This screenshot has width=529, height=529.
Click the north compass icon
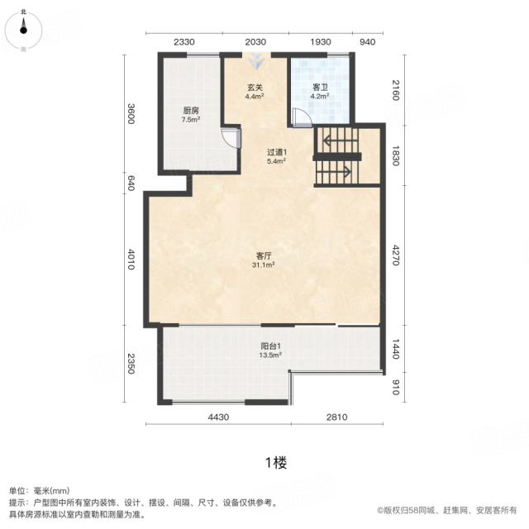23,31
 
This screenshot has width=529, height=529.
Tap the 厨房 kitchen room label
191,111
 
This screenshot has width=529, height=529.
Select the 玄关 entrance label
255,88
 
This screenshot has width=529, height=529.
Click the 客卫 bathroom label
320,88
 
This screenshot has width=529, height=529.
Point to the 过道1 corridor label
277,152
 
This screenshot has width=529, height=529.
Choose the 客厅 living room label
264,256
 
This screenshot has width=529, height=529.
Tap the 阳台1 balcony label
270,346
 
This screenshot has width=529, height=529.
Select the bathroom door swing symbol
302,117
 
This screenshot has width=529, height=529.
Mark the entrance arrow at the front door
256,61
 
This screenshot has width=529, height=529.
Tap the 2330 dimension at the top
184,42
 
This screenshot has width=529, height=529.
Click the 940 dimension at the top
367,42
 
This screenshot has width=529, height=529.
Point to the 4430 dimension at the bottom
218,417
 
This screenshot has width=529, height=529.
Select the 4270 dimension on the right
396,255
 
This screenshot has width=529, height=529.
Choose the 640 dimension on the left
131,183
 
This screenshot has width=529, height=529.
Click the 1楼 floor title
276,463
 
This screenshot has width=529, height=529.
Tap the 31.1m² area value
264,265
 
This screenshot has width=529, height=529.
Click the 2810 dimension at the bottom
336,417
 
